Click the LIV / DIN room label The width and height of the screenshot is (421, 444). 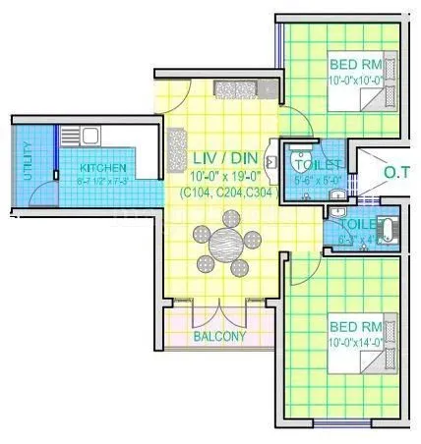[x=217, y=158]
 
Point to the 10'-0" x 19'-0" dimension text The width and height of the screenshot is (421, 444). [x=217, y=176]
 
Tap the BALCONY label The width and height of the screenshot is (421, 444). [x=218, y=336]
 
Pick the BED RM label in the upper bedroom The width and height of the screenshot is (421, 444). [x=350, y=65]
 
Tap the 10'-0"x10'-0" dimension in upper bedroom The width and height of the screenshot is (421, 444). [x=350, y=80]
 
